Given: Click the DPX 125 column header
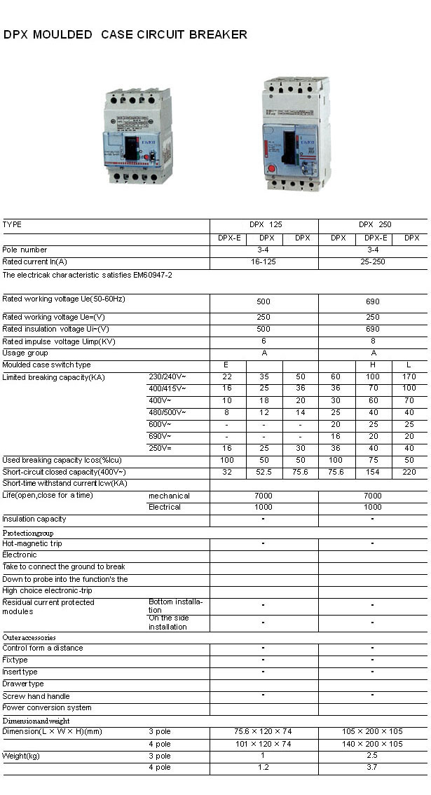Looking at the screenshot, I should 264,225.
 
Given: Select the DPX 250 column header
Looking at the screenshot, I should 373,225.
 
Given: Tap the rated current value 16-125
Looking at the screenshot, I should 264,261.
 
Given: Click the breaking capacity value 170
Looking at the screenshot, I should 409,377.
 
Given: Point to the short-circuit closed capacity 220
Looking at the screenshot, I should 409,473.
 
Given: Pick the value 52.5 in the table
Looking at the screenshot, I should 264,473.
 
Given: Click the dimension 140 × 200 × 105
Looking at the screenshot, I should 372,744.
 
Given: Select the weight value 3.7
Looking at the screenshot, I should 372,767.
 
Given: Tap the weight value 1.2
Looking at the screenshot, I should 264,767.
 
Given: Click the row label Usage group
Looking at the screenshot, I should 25,353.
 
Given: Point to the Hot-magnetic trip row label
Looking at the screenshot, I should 33,543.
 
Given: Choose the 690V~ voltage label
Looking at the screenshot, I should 160,436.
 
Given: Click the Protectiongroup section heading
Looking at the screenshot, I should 28,532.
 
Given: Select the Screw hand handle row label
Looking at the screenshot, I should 36,696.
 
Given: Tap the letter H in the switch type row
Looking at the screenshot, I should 373,365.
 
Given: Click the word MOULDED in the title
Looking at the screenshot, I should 64,34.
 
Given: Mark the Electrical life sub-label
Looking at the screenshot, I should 165,507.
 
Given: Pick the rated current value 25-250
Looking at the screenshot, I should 372,261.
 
